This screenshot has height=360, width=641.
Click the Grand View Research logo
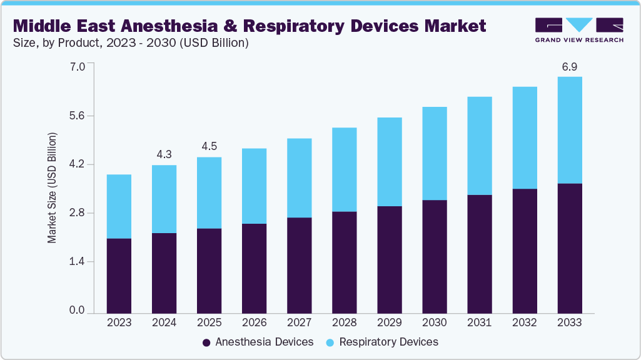tap(578, 29)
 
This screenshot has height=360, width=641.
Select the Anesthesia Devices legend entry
tap(258, 342)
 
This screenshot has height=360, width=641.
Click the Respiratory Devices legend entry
tap(382, 342)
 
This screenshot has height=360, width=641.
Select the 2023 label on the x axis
tap(119, 322)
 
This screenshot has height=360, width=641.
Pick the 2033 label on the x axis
tap(569, 322)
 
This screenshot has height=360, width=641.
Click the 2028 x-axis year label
tap(344, 322)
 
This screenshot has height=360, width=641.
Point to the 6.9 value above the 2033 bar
tap(569, 66)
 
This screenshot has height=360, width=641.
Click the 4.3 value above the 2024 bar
tap(164, 154)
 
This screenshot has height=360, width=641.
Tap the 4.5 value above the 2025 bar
tap(209, 146)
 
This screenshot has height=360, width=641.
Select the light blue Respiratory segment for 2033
tap(569, 130)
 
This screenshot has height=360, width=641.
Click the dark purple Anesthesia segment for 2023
tap(119, 276)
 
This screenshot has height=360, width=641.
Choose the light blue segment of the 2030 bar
tap(434, 153)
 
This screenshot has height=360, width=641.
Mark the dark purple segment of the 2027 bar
tap(299, 265)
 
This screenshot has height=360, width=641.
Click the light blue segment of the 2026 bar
tap(254, 186)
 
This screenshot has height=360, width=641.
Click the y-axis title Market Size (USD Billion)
tap(53, 188)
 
